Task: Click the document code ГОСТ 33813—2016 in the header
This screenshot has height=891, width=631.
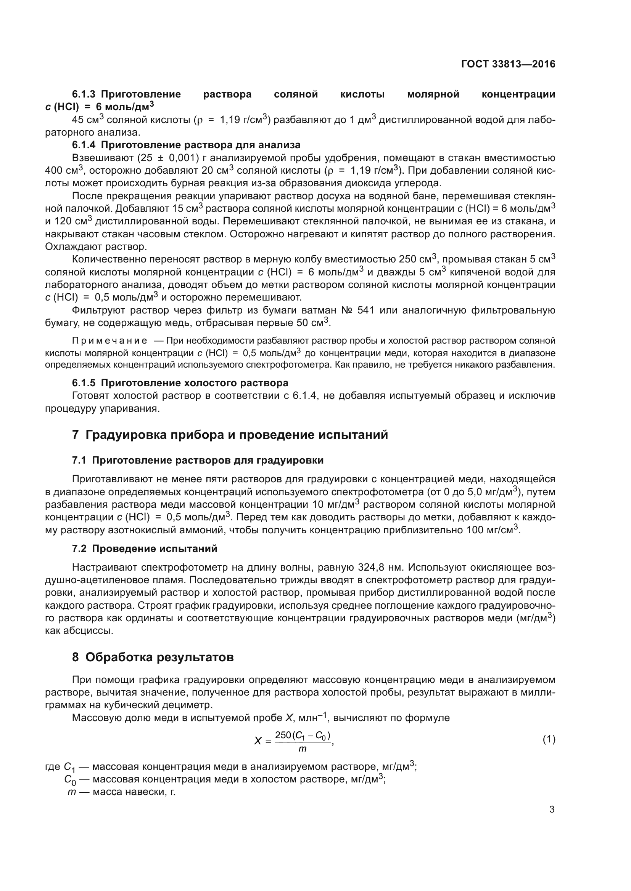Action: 508,64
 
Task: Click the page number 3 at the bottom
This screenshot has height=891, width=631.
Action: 552,809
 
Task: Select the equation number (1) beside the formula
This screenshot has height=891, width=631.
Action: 549,739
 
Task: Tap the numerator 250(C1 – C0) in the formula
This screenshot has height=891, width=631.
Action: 302,735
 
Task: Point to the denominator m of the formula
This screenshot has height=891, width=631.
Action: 302,749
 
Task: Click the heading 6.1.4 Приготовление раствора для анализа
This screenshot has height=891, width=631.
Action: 186,145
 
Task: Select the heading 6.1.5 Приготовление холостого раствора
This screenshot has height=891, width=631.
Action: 180,383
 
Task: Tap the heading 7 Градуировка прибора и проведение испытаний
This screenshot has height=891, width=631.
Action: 230,435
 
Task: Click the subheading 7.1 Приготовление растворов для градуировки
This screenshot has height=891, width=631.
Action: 198,460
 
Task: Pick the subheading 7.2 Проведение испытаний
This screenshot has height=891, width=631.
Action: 145,549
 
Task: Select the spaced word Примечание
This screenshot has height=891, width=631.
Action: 109,341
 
